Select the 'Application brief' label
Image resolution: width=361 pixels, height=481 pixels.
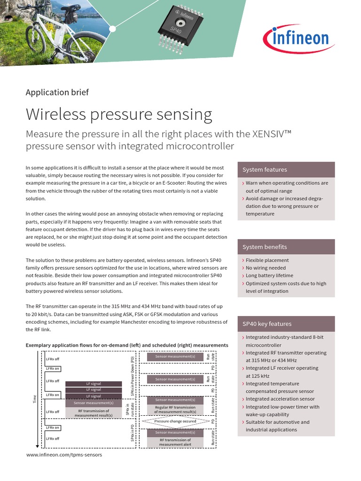(x=57, y=92)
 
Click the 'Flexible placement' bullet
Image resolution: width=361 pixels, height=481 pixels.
(x=267, y=260)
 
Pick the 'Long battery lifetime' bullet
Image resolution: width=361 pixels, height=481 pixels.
(x=269, y=276)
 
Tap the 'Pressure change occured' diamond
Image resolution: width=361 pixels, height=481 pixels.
(x=175, y=421)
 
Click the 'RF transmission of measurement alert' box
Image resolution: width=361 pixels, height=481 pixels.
(x=175, y=442)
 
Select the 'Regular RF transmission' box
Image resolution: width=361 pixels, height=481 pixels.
(x=175, y=410)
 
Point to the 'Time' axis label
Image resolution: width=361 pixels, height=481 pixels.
(x=34, y=399)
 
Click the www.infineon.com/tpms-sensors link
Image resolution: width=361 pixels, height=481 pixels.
(x=64, y=455)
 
